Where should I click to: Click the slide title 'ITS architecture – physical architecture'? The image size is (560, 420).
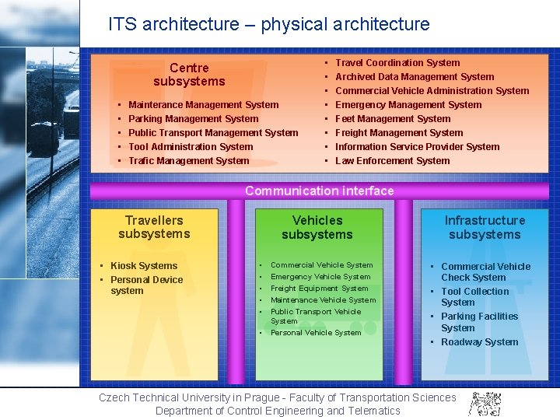pos(268,24)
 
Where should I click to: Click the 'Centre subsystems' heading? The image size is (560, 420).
pos(189,75)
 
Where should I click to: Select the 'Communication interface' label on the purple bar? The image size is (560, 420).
pos(319,191)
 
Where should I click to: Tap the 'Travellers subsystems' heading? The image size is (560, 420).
pos(154,227)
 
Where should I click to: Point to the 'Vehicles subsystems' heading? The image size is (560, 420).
pos(317,227)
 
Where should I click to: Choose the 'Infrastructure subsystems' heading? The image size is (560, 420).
pos(485,227)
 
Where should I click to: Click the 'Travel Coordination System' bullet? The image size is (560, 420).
pos(397,63)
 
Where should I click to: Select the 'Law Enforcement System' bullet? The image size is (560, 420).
pos(392,161)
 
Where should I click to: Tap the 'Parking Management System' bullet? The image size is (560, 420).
pos(193,119)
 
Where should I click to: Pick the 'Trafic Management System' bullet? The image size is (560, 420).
pos(188,161)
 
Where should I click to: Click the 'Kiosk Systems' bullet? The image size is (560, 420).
pos(144,266)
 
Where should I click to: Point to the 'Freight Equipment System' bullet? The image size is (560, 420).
pos(319,289)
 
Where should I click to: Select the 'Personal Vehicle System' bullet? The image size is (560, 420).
pos(316,333)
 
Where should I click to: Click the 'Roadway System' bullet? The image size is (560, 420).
pos(479,342)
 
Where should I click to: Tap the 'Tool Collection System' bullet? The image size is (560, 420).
pos(474,297)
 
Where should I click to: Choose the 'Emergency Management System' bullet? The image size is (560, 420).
pos(408,105)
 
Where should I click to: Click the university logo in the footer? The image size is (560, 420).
pos(485,403)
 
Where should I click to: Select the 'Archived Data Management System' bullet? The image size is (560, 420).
pos(415,77)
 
